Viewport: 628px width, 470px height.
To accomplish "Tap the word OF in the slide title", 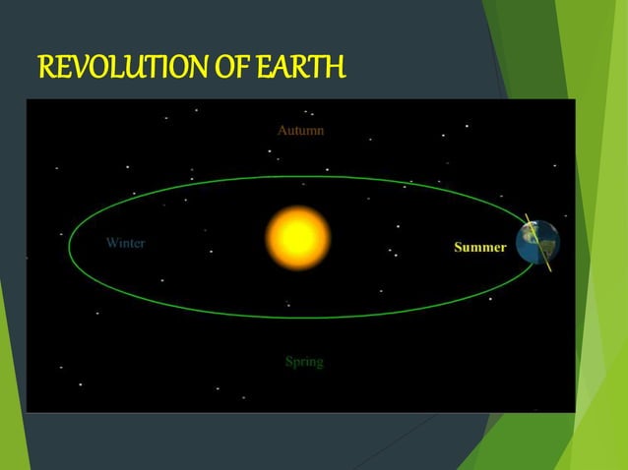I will click(x=228, y=70).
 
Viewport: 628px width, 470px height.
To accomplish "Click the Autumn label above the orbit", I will click(x=301, y=130).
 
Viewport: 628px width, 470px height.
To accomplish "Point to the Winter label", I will click(x=125, y=243).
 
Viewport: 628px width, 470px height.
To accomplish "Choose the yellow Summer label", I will click(x=479, y=247).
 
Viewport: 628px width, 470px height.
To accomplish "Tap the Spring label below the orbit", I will click(x=304, y=362).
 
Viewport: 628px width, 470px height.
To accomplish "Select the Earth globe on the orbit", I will click(x=537, y=243).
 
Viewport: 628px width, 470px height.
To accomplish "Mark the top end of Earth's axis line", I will click(x=525, y=213).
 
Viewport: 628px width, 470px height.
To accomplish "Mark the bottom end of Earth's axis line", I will click(x=549, y=270).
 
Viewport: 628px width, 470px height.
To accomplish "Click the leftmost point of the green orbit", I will click(x=69, y=246).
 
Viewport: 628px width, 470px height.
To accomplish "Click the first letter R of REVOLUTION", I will click(x=45, y=70).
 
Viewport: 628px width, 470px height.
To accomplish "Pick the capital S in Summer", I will click(x=458, y=247).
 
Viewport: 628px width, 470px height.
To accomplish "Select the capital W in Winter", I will click(x=111, y=243).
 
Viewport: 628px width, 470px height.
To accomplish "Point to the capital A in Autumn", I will click(x=283, y=130).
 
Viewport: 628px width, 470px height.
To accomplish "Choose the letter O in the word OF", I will click(x=220, y=70).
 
